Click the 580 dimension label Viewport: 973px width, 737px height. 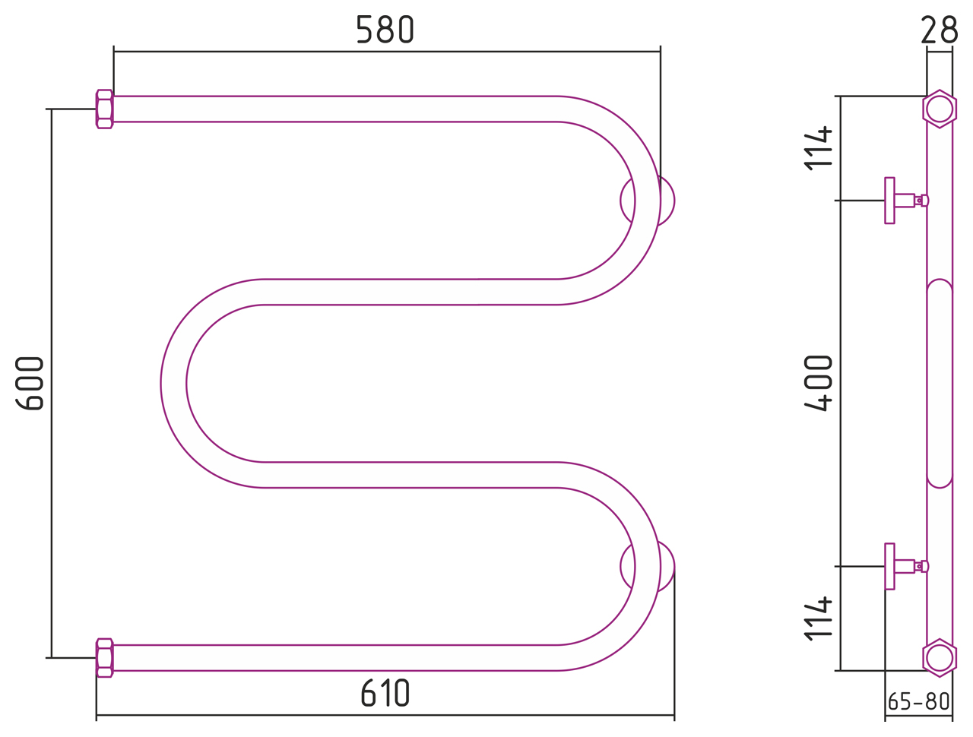[x=385, y=30]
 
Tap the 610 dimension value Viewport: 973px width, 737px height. [x=385, y=693]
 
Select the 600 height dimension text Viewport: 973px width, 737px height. [x=30, y=384]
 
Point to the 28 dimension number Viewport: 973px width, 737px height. [x=940, y=30]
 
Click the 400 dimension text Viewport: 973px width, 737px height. [x=818, y=384]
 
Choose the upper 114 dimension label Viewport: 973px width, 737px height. [x=818, y=148]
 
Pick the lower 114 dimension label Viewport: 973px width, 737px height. [x=818, y=618]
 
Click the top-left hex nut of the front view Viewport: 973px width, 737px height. [x=105, y=109]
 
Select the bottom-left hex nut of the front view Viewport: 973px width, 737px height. [x=105, y=658]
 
